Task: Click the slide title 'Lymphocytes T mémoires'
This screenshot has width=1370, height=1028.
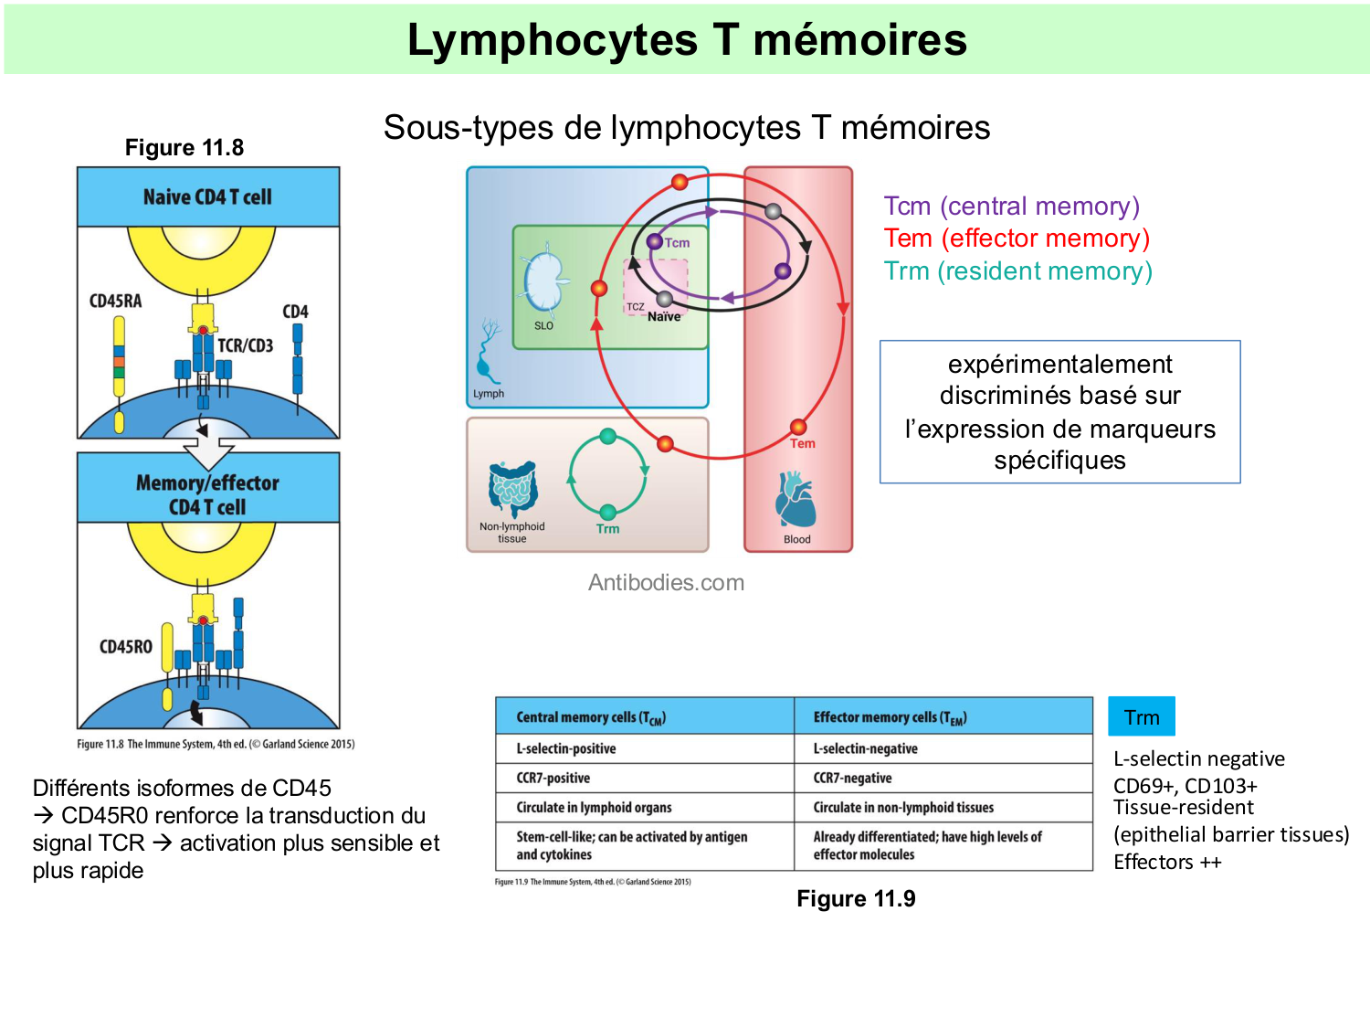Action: click(687, 40)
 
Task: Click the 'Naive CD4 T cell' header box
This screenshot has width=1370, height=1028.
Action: click(208, 196)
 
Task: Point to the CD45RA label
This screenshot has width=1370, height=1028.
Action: click(116, 302)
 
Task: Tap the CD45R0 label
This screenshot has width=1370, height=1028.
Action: click(126, 647)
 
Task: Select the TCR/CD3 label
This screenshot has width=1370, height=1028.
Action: click(245, 345)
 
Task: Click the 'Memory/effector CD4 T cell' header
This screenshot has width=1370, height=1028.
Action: click(208, 493)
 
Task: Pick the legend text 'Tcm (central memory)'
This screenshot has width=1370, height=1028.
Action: click(1011, 207)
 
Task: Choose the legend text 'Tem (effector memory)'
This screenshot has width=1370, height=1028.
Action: click(1017, 238)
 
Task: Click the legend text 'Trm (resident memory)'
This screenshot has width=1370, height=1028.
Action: click(1017, 271)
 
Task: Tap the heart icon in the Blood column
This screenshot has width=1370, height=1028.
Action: click(796, 500)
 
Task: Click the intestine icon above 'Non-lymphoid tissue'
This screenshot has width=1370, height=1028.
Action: click(512, 489)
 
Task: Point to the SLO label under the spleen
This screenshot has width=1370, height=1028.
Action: click(543, 325)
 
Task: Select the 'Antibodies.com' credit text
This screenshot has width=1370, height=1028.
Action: click(666, 583)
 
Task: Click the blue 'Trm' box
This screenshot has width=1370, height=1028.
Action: click(1142, 717)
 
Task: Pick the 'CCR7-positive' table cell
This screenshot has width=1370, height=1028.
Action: click(553, 779)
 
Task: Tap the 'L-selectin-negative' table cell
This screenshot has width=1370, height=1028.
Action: click(866, 749)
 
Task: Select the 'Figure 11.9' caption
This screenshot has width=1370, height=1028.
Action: click(856, 899)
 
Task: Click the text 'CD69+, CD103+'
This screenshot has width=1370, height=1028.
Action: click(1186, 786)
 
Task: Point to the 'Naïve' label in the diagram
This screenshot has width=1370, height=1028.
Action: click(664, 317)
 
